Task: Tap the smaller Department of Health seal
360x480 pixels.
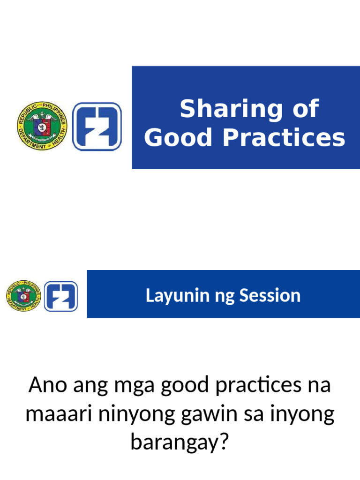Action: [x=24, y=296]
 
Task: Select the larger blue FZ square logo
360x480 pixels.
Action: [x=97, y=127]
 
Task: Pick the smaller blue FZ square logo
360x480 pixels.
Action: [x=61, y=296]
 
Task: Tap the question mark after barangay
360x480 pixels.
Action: [x=226, y=442]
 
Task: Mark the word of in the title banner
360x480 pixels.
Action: [x=306, y=110]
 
